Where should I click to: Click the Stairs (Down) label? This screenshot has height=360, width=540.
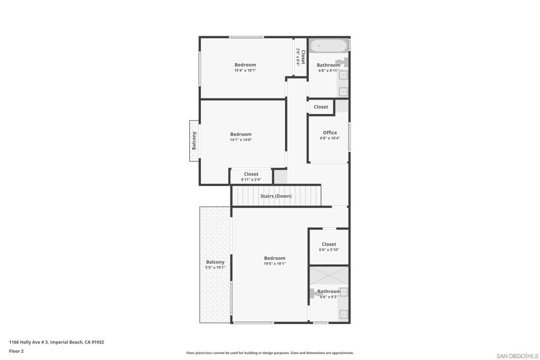coord(276,196)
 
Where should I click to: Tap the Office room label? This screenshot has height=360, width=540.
coord(330,132)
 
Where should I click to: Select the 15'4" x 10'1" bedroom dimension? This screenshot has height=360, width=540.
coord(245,70)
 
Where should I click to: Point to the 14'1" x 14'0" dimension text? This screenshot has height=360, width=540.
coord(240,140)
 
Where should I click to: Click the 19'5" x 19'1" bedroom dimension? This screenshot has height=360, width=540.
coord(274,264)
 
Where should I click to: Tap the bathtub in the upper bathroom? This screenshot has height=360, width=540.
coord(328,46)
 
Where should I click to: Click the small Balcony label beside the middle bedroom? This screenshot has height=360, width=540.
coord(194,140)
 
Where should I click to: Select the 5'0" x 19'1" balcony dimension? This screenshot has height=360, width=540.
coord(215,267)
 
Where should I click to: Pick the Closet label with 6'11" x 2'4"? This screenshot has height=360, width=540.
coord(251,174)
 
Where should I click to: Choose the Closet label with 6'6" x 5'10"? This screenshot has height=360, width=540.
coord(329,245)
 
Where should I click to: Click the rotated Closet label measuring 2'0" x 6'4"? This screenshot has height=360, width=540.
coord(303,57)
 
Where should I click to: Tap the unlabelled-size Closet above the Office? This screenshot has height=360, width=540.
coord(321,106)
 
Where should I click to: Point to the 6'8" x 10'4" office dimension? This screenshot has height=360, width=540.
coord(330,138)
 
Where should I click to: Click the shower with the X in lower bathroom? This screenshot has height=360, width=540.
coord(329,275)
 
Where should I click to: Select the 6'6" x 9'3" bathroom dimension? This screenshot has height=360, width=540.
coord(329,297)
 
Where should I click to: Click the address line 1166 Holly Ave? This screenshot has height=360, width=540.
coord(56,342)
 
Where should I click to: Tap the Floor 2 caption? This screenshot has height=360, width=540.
coord(16,351)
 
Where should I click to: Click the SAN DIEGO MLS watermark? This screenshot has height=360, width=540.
coord(517,356)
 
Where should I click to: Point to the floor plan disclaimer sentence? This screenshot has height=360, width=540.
coord(269,353)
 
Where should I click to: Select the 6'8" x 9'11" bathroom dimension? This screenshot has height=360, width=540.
coord(328,71)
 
